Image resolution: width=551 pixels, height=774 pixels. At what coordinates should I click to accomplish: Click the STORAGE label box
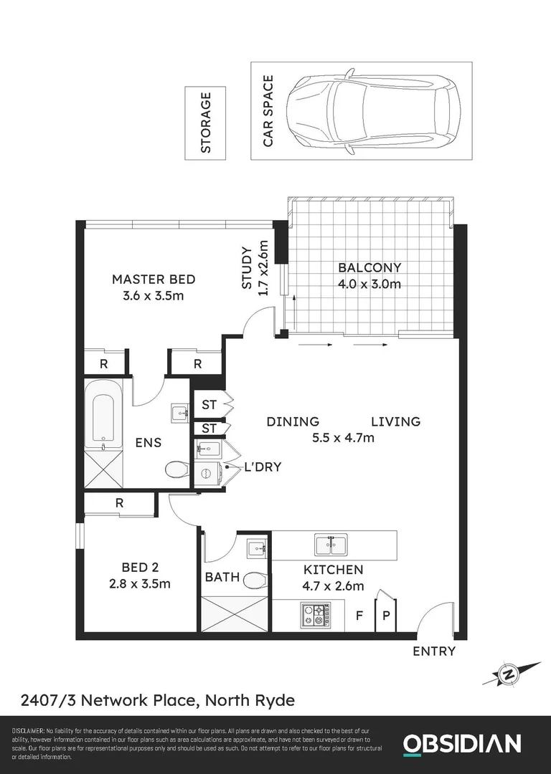pyautogui.click(x=205, y=123)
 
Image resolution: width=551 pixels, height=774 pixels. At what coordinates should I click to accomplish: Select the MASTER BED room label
pyautogui.click(x=154, y=279)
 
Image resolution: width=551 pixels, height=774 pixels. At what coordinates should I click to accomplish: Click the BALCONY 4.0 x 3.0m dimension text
pyautogui.click(x=369, y=284)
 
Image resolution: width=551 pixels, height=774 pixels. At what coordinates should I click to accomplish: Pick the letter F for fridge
pyautogui.click(x=360, y=616)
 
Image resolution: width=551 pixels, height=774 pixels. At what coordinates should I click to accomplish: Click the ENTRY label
pyautogui.click(x=434, y=651)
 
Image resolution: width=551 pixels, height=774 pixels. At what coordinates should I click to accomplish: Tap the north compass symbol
pyautogui.click(x=509, y=674)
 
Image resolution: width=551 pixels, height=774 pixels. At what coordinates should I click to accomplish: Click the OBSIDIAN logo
pyautogui.click(x=461, y=743)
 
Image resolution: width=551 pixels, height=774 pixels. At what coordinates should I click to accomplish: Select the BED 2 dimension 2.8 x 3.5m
pyautogui.click(x=140, y=583)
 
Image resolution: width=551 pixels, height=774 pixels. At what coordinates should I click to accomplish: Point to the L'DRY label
pyautogui.click(x=263, y=467)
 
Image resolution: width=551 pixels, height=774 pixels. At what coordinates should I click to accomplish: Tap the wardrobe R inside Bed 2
pyautogui.click(x=119, y=503)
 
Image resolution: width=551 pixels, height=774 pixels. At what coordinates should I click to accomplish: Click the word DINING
pyautogui.click(x=293, y=421)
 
